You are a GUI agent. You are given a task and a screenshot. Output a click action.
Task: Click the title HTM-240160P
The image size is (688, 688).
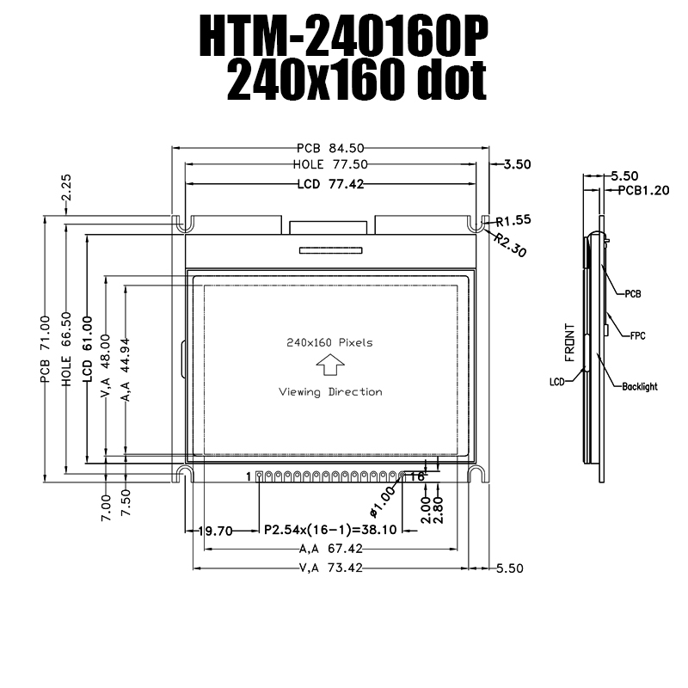[343, 36]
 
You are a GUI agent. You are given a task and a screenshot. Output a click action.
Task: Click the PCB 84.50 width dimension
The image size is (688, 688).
[330, 148]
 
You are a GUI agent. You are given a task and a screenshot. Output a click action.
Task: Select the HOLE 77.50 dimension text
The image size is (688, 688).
[330, 164]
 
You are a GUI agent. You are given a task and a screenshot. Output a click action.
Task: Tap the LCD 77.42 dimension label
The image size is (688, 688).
[331, 184]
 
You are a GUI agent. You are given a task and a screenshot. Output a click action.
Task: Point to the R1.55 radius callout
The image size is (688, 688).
[513, 220]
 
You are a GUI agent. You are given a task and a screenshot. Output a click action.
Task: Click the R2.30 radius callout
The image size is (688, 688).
[510, 244]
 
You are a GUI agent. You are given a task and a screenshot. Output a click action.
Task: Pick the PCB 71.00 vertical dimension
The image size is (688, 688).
[46, 349]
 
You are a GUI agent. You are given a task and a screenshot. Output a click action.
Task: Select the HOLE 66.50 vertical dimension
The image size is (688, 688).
[66, 349]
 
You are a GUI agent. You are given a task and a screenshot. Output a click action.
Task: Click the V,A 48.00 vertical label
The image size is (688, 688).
[106, 366]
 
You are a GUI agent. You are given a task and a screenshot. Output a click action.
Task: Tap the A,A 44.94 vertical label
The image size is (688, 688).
[126, 370]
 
